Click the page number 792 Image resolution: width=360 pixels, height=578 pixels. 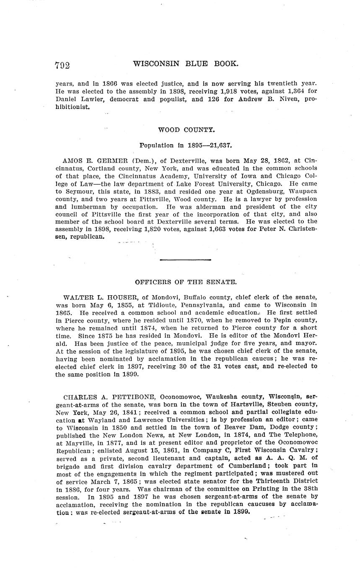[62, 65]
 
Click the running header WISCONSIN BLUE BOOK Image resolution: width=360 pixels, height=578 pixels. [186, 64]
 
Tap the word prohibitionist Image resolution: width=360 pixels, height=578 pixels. [73, 107]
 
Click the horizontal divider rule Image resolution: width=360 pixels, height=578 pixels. [185, 260]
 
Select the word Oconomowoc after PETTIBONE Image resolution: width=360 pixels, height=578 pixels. [181, 397]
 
